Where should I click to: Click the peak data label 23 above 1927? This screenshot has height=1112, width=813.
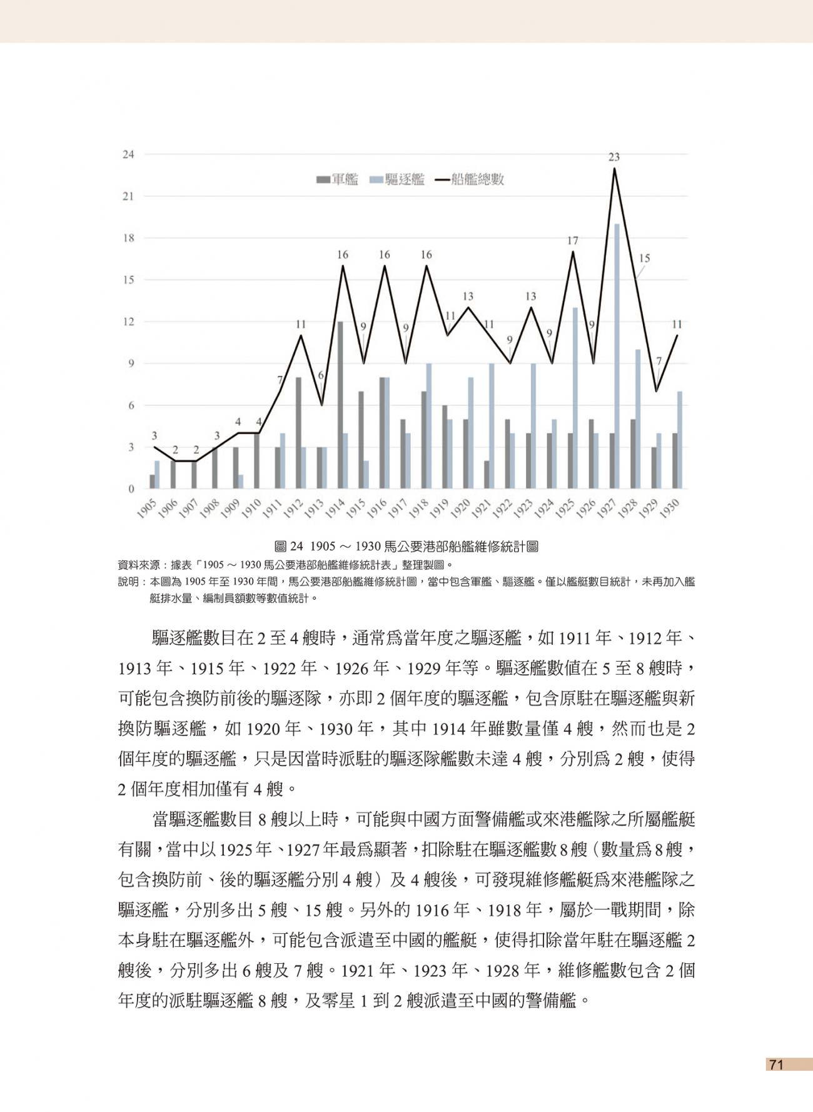(614, 157)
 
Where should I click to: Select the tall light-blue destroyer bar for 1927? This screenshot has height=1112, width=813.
(617, 356)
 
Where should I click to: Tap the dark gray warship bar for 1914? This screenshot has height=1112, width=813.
(340, 405)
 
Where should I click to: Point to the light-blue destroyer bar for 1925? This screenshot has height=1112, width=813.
(575, 398)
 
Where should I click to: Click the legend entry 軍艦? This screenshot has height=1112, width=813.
(338, 180)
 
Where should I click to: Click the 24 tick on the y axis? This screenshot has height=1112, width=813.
(128, 154)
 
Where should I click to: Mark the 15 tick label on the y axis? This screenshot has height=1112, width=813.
(128, 280)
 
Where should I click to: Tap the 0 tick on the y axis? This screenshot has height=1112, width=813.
(131, 489)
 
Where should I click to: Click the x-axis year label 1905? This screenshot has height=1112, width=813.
(146, 508)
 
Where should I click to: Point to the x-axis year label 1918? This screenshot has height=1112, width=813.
(418, 508)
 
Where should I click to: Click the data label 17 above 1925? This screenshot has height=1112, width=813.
(573, 240)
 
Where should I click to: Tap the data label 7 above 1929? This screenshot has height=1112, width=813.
(659, 361)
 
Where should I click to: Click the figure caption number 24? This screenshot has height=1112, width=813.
(296, 547)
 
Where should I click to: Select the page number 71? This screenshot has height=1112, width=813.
(776, 1064)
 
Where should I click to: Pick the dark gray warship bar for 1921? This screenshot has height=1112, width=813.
(487, 475)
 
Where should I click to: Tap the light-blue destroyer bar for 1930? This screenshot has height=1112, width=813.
(680, 440)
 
